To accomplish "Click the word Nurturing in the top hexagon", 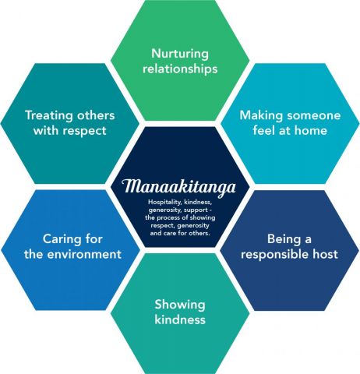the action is pyautogui.click(x=180, y=55).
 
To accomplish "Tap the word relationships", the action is pyautogui.click(x=180, y=69).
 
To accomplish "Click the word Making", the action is pyautogui.click(x=261, y=115).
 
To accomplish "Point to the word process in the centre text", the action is pyautogui.click(x=171, y=217).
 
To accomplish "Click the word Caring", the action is pyautogui.click(x=60, y=240).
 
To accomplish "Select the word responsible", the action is pyautogui.click(x=275, y=255).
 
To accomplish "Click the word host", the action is pyautogui.click(x=326, y=254).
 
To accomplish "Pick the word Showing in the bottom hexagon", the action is pyautogui.click(x=180, y=305).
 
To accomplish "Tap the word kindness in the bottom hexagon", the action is pyautogui.click(x=180, y=319).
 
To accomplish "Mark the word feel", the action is pyautogui.click(x=264, y=130).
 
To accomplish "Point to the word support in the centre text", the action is pyautogui.click(x=196, y=210).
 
